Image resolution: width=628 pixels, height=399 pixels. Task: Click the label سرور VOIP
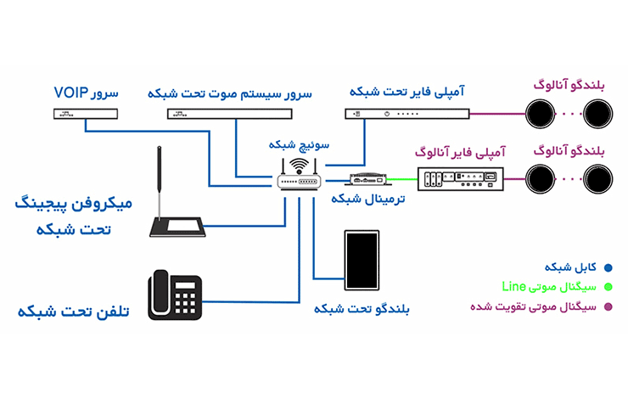pyautogui.click(x=87, y=91)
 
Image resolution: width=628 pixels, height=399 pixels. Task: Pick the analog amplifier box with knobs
pyautogui.click(x=463, y=177)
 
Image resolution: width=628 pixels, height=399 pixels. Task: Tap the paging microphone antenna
pyautogui.click(x=160, y=178)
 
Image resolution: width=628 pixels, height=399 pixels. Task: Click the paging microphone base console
pyautogui.click(x=177, y=226)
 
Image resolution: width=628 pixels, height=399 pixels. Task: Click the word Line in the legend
pyautogui.click(x=513, y=286)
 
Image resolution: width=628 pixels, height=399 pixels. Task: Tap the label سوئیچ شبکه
pyautogui.click(x=298, y=144)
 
